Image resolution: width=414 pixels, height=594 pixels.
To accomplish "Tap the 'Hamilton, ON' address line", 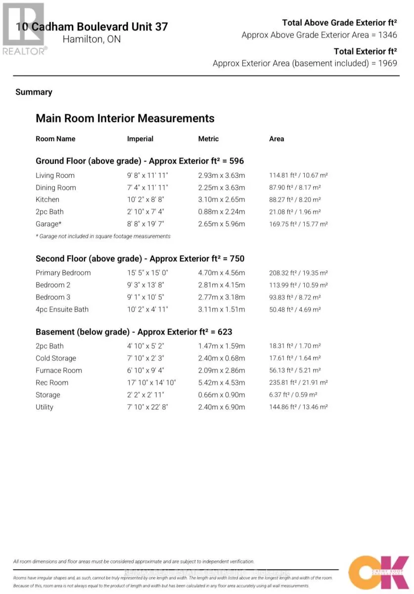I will click(92, 40).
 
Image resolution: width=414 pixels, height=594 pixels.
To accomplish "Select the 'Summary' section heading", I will click(34, 92).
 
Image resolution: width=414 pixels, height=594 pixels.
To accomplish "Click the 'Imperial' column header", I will click(140, 139).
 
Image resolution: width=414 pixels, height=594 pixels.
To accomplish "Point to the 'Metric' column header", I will click(208, 139).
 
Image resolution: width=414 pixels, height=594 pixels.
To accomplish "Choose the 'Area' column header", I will click(276, 139).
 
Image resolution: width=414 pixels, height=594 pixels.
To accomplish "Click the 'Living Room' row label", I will click(55, 175).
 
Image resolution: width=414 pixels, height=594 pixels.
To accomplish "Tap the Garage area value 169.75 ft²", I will click(299, 224).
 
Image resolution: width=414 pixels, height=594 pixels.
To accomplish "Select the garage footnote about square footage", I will click(103, 236).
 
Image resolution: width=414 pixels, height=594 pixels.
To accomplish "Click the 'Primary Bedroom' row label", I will click(63, 273).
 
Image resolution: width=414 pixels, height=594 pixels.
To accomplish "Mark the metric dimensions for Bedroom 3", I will click(222, 297).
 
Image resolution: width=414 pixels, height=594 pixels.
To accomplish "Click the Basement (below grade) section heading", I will click(134, 332).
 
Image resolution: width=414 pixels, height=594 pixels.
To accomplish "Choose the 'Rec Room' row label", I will click(52, 383).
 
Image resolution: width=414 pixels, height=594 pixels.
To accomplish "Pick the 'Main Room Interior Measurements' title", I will click(125, 118).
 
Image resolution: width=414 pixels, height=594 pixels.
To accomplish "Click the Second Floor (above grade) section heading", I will click(140, 258).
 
